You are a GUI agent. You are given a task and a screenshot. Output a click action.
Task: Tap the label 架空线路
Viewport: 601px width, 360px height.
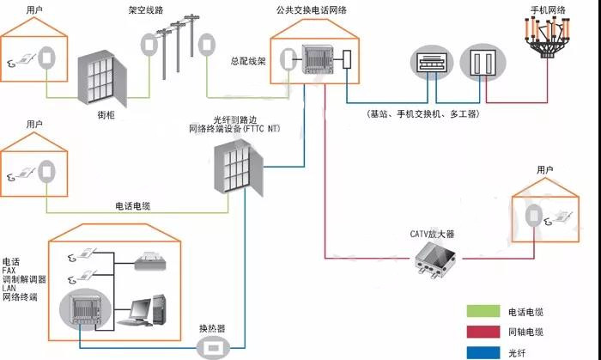point(147,11)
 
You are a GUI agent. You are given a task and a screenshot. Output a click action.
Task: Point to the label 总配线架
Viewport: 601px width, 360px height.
point(249,62)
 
